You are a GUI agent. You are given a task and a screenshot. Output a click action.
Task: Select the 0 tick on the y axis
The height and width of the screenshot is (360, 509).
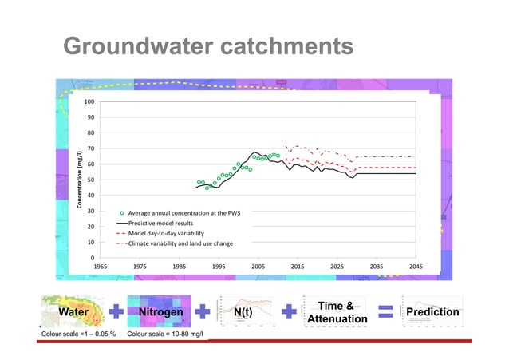coord(93,257)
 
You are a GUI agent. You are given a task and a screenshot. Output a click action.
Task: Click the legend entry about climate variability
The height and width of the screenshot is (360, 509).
coord(180,242)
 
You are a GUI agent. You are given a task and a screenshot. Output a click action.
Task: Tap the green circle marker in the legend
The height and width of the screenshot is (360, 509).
coord(121,214)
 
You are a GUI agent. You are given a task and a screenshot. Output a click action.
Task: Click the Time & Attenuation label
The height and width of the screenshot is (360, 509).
coord(337,312)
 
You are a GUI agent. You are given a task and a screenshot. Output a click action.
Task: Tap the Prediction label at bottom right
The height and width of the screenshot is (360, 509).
coord(433,312)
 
